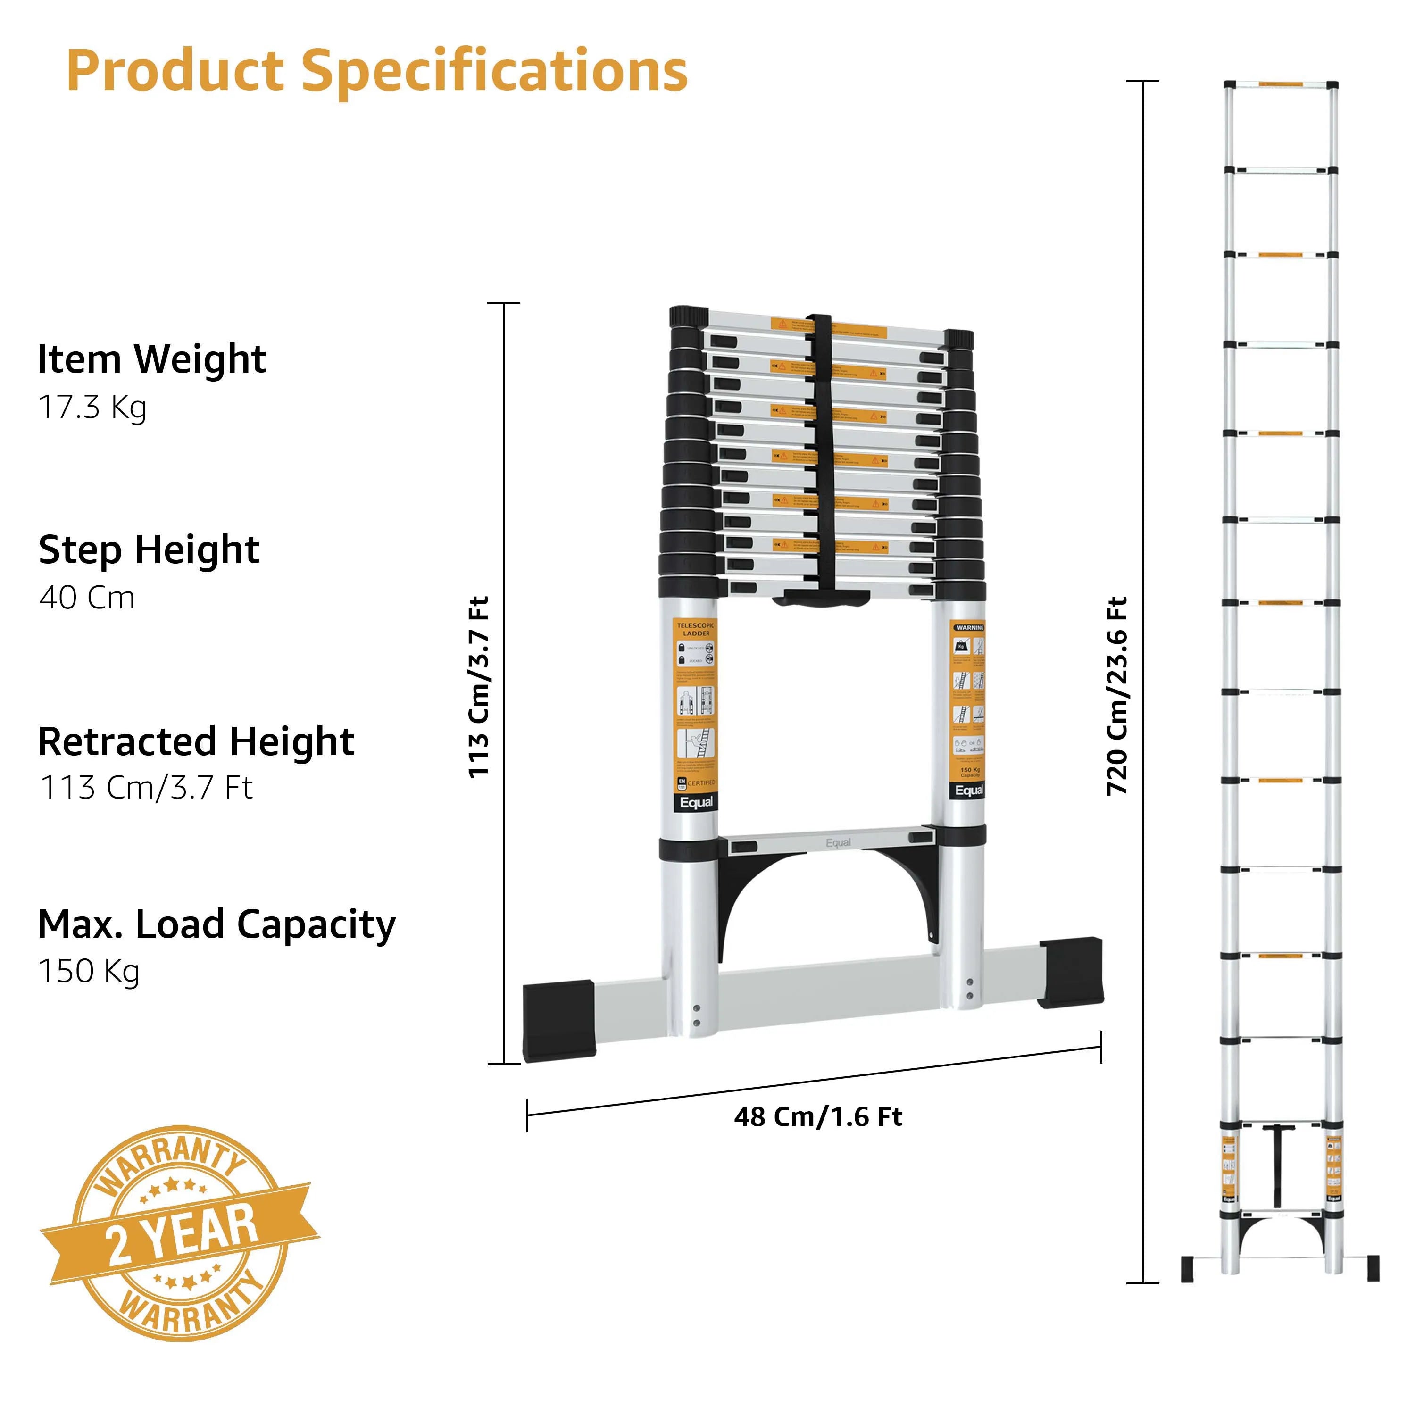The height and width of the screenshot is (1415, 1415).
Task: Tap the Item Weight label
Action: point(151,359)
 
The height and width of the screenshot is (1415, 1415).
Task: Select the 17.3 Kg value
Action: point(92,407)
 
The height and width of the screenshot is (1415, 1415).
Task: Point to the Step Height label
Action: point(149,549)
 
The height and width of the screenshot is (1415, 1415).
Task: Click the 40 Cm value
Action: point(87,598)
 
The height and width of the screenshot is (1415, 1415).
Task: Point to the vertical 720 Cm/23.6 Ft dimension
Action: point(1117,696)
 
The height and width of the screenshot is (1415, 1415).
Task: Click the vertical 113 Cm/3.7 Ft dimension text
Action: point(478,687)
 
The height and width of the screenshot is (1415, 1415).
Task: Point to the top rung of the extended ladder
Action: point(1280,85)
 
